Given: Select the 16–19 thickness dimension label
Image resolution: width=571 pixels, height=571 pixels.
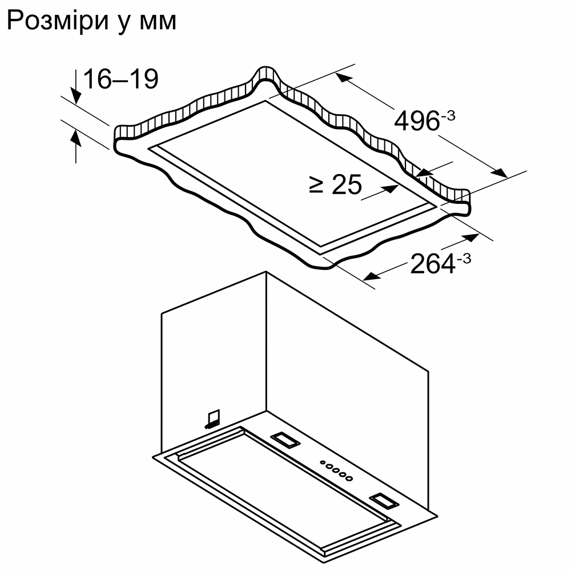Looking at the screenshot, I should [x=120, y=79].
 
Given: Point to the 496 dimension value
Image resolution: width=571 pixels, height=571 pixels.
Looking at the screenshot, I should [x=416, y=121].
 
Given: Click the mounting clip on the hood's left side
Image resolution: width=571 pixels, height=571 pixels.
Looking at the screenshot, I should [x=212, y=419].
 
